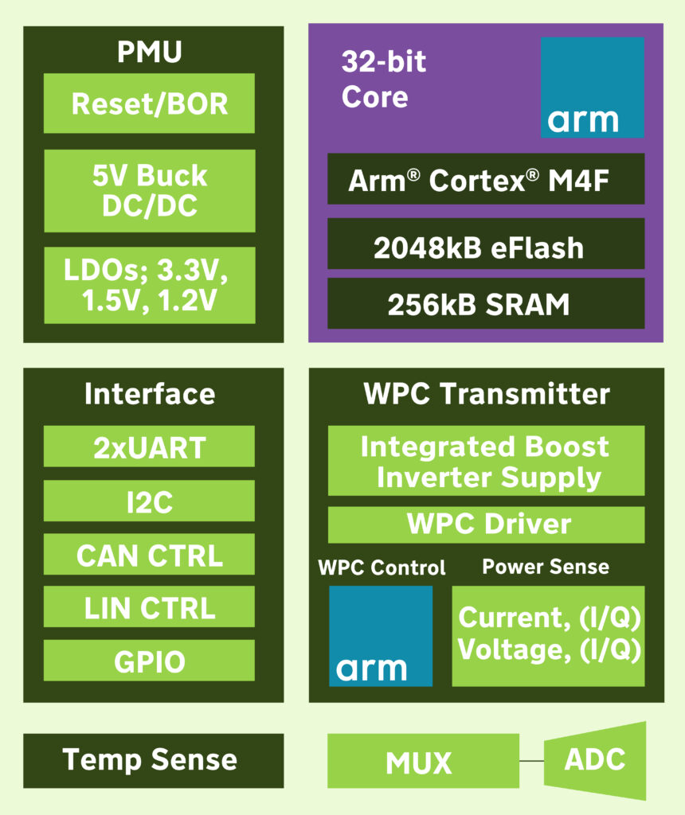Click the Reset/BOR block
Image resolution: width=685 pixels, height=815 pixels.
149,103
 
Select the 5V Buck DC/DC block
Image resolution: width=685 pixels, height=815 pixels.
149,191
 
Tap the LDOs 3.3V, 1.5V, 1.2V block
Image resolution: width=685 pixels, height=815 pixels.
149,285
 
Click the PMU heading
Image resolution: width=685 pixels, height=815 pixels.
149,53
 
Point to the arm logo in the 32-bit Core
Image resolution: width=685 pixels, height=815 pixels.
593,88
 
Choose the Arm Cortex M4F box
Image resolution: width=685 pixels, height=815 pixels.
486,179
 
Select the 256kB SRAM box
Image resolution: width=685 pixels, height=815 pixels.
486,303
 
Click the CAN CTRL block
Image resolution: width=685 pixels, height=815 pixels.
149,554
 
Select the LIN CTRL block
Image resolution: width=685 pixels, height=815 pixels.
149,607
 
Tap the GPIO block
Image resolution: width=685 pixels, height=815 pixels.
149,661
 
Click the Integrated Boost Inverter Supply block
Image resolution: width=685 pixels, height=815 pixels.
486,461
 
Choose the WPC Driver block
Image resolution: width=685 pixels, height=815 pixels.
486,525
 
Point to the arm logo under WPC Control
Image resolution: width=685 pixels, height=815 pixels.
381,636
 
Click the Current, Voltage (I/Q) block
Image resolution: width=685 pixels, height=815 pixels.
548,636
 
